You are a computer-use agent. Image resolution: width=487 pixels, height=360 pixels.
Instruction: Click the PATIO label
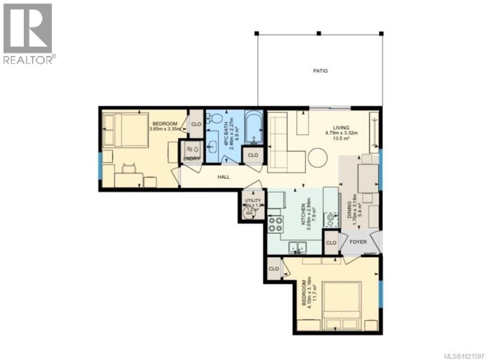pyautogui.click(x=320, y=71)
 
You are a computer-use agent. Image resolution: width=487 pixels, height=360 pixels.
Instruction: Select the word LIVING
pyautogui.click(x=341, y=127)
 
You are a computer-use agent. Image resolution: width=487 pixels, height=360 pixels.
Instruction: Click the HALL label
pyautogui.click(x=224, y=177)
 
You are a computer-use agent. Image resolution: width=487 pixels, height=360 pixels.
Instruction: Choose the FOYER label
pyautogui.click(x=359, y=242)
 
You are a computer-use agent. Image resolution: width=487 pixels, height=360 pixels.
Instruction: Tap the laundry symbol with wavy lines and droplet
pyautogui.click(x=193, y=149)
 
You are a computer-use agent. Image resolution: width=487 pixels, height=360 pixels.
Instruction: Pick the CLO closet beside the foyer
pyautogui.click(x=331, y=243)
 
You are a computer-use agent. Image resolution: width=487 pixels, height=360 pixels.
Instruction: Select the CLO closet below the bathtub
pyautogui.click(x=253, y=155)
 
